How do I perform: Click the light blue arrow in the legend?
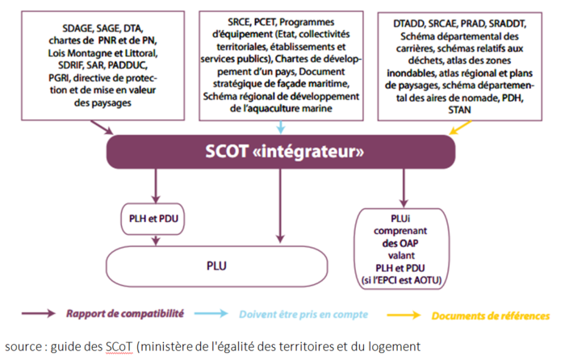(x=213, y=314)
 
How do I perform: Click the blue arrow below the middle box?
(x=279, y=127)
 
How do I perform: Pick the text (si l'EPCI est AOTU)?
(x=406, y=280)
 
